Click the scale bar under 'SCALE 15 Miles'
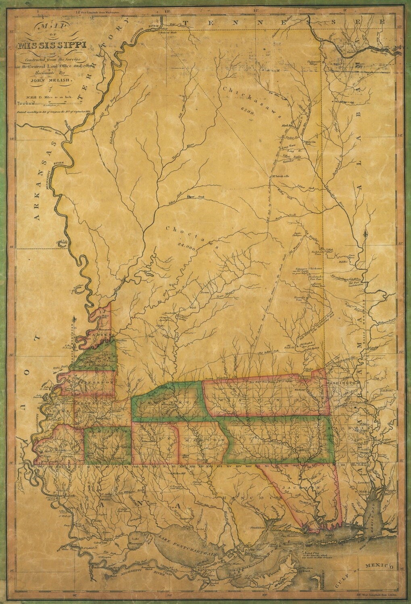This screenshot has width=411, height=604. click(x=44, y=102)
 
